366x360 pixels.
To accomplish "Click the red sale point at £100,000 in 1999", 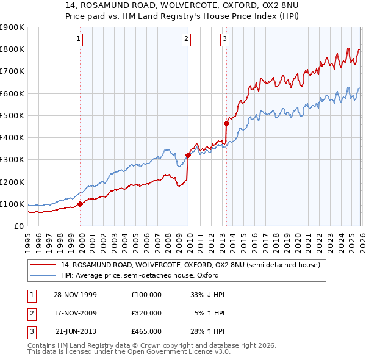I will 81,204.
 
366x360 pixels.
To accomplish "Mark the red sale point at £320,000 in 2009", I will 188,155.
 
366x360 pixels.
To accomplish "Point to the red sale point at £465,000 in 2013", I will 226,123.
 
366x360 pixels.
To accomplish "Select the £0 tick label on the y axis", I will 19,226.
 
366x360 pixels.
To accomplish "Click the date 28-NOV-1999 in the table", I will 75,294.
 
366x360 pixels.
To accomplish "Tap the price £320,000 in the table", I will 146,313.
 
